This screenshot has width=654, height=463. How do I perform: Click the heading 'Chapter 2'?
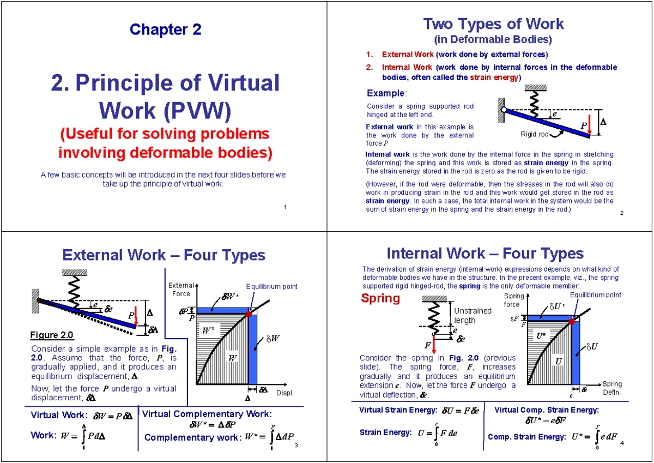(x=165, y=29)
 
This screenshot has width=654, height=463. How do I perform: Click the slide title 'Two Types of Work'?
(x=493, y=24)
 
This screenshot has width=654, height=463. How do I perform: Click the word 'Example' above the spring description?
(x=385, y=93)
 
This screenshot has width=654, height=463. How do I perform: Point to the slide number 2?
(x=621, y=213)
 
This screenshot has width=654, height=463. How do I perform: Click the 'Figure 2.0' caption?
(x=52, y=335)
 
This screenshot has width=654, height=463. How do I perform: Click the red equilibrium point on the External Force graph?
(x=249, y=314)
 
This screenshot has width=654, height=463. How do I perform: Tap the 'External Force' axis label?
(x=181, y=290)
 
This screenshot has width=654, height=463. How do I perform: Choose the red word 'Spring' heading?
(x=380, y=298)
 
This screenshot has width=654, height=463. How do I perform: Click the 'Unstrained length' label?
(x=472, y=315)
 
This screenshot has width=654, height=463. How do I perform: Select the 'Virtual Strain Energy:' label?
(x=398, y=410)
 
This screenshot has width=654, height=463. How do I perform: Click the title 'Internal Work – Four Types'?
(x=485, y=254)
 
